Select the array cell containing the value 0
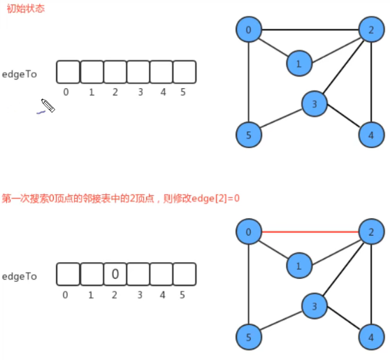pyautogui.click(x=115, y=274)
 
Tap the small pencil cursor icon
pyautogui.click(x=48, y=106)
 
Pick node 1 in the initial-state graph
pyautogui.click(x=298, y=64)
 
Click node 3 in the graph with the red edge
pyautogui.click(x=315, y=305)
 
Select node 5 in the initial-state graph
pyautogui.click(x=248, y=134)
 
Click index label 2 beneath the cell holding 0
pyautogui.click(x=115, y=294)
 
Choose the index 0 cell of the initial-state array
pyautogui.click(x=68, y=72)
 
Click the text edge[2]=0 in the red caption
pyautogui.click(x=212, y=199)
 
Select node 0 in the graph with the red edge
pyautogui.click(x=248, y=231)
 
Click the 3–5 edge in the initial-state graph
pyautogui.click(x=282, y=119)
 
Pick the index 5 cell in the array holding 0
pyautogui.click(x=185, y=274)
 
